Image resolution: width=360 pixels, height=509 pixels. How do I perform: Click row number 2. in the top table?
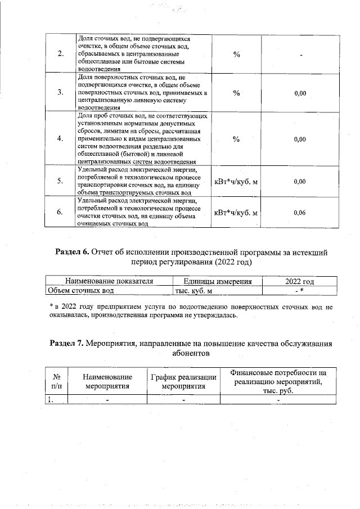point(60,54)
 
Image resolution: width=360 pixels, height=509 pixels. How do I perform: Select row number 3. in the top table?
point(60,93)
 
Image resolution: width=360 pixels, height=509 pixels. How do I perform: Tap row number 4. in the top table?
point(60,138)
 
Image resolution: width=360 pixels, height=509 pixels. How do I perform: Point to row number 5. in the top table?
point(60,181)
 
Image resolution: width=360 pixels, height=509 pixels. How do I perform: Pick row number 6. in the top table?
point(60,212)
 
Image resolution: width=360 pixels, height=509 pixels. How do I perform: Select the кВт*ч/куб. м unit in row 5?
point(236,181)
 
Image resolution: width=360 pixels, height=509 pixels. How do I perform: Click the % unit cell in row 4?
point(236,138)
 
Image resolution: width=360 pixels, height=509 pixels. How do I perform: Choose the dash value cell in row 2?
point(301,55)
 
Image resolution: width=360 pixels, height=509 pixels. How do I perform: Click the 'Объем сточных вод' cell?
point(81,291)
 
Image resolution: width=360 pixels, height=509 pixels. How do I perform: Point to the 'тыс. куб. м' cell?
point(191,291)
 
